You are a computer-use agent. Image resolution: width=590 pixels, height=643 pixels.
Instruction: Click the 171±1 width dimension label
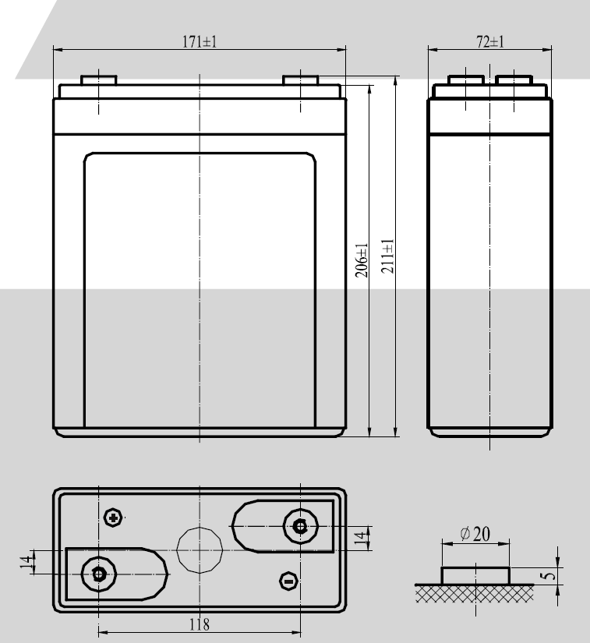[x=200, y=42]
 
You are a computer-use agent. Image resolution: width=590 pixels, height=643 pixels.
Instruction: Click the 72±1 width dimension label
[x=490, y=42]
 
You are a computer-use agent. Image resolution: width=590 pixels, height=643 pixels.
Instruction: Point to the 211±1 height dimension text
[x=388, y=255]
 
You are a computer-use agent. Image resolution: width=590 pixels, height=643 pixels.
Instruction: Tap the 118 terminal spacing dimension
[x=200, y=624]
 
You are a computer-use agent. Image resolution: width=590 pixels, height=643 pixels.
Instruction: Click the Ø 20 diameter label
[x=475, y=534]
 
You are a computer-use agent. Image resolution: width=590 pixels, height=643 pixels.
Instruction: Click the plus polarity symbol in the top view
[x=115, y=518]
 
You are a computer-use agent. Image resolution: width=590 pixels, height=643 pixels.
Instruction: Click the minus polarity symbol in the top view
[x=288, y=581]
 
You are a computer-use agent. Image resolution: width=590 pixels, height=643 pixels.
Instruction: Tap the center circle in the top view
[x=200, y=549]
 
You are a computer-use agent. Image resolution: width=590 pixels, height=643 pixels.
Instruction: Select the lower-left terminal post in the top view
[x=98, y=574]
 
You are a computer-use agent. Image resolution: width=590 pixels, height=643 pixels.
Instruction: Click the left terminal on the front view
[x=99, y=80]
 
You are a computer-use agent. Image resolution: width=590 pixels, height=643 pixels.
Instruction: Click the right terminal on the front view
[x=300, y=80]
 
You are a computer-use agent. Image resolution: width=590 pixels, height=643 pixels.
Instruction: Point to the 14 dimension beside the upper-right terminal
[x=359, y=539]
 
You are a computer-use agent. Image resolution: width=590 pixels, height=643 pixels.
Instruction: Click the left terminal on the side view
[x=465, y=80]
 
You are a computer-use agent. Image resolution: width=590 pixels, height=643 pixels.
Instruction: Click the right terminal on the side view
[x=514, y=80]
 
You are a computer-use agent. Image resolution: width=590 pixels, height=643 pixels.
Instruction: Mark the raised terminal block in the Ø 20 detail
[x=475, y=575]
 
